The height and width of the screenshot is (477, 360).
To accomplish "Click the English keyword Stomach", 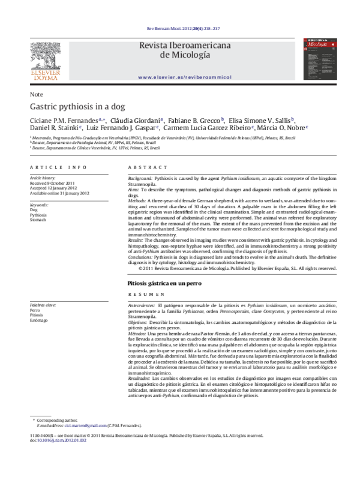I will click(x=40, y=220).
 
